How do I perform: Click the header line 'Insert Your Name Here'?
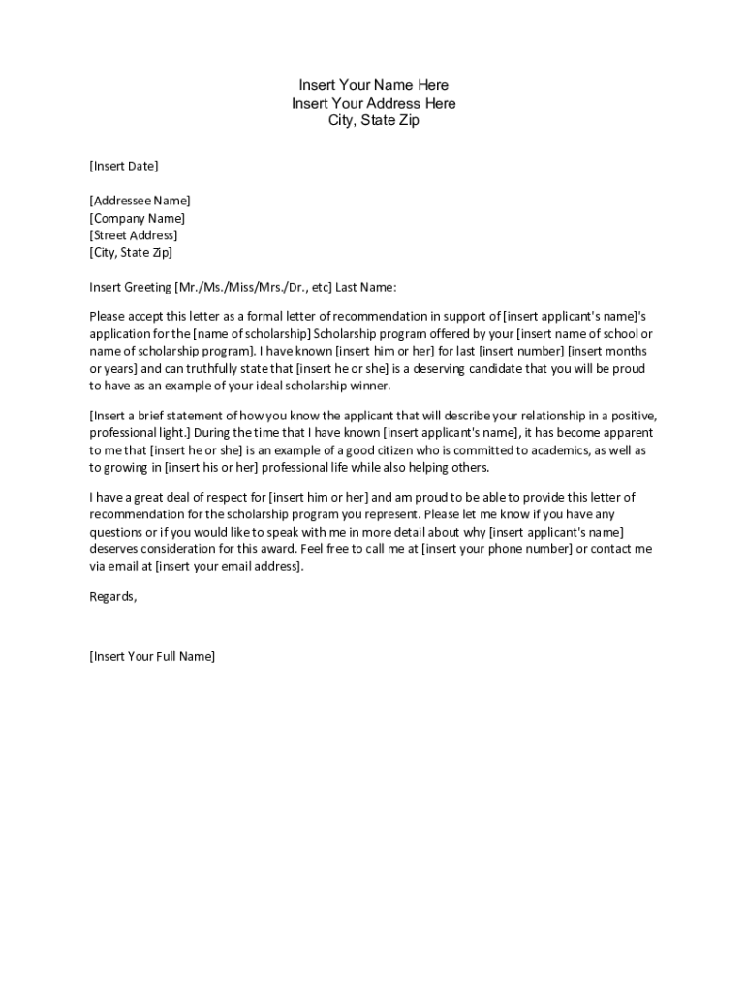(373, 85)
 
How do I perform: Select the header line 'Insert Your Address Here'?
(373, 103)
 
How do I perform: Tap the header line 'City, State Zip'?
(373, 121)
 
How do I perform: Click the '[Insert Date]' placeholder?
(124, 166)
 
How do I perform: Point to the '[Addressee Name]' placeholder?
(140, 201)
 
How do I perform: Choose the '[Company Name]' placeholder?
(138, 218)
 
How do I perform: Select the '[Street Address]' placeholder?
(134, 235)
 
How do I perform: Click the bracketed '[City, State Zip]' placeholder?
(131, 253)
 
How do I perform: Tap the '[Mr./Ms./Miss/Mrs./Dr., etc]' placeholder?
(253, 287)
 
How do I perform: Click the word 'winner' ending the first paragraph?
(367, 386)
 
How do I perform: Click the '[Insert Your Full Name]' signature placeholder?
(152, 656)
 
